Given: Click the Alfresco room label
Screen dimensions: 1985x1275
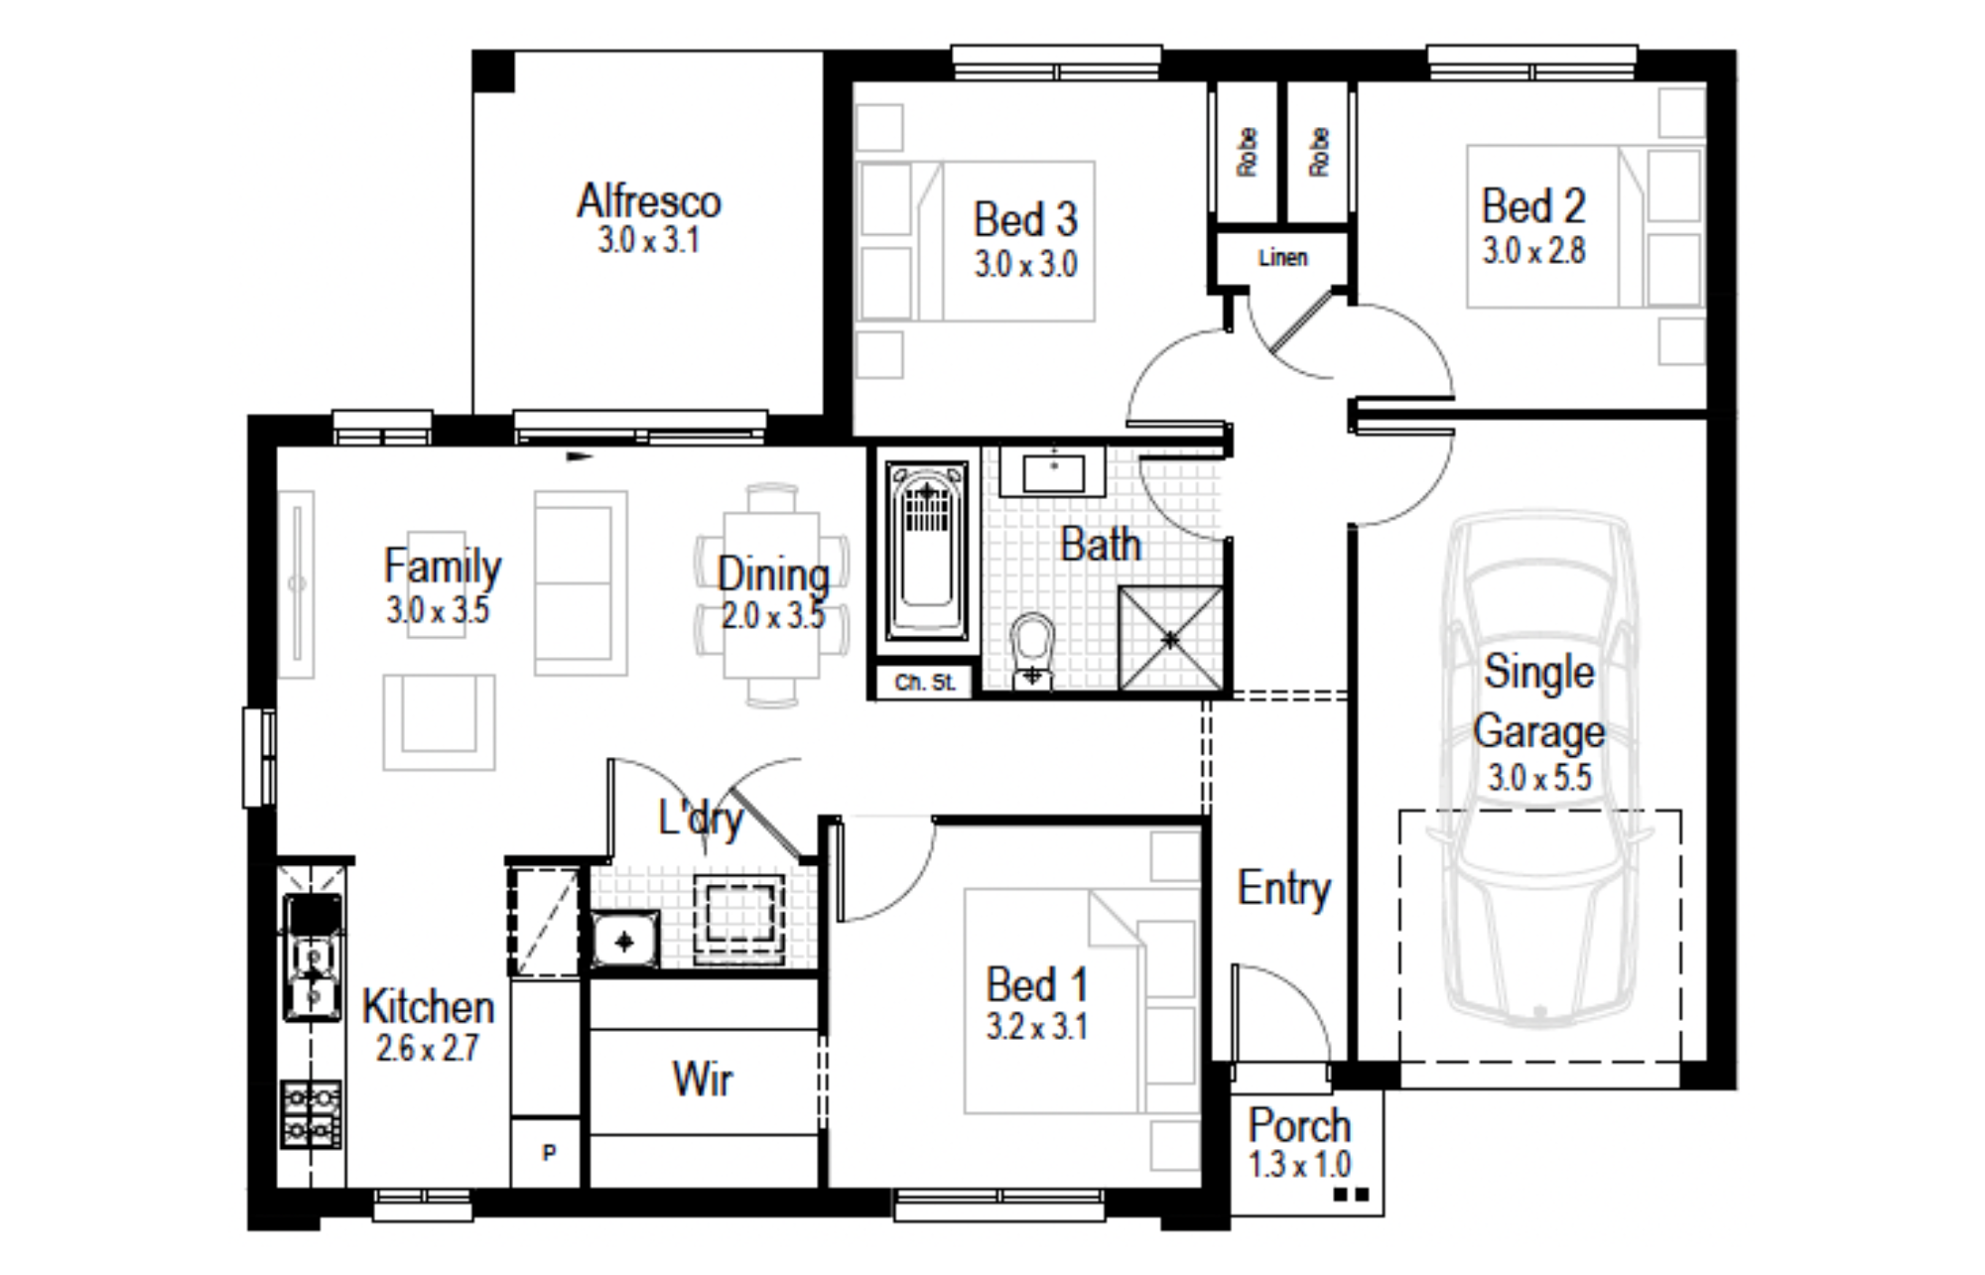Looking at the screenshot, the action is pos(649,201).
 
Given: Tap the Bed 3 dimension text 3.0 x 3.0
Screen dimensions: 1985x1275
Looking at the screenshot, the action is pos(1025,264).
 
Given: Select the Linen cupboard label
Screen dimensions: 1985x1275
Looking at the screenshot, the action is pos(1282,258).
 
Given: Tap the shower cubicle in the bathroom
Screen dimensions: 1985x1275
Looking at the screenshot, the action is pos(1171,638).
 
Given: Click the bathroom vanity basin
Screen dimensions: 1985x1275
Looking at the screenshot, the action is pos(1053,471).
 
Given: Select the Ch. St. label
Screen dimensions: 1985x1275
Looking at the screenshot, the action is pos(925,683).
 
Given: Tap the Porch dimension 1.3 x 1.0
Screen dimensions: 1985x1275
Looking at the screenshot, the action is pos(1299,1164).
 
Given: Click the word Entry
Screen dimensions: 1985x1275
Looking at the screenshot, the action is pos(1284,888).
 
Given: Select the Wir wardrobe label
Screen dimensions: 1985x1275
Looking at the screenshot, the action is pos(703,1079).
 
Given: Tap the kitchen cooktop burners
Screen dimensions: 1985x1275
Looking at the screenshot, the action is pos(312,1113).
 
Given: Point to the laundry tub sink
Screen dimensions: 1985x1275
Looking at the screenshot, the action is pos(625,940).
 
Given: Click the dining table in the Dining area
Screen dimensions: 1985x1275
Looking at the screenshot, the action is pos(772,594).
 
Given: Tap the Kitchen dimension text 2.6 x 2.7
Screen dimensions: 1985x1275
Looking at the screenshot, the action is pos(427,1048).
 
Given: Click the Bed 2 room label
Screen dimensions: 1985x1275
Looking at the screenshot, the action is pos(1533,206).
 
